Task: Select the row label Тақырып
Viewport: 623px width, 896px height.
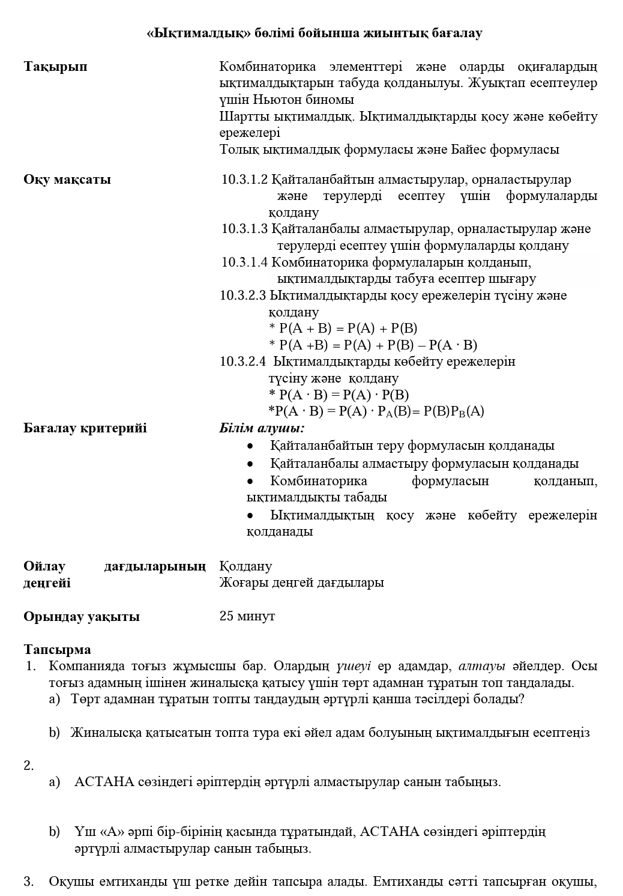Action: [x=55, y=67]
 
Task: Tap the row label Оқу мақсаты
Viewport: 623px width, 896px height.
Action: [x=67, y=180]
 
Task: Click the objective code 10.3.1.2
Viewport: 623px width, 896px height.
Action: [x=244, y=180]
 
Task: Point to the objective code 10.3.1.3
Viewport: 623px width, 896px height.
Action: [x=244, y=229]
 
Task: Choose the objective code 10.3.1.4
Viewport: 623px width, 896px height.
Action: [x=244, y=262]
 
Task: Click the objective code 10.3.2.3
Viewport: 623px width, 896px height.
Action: [x=242, y=295]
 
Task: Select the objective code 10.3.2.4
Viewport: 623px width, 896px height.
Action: [x=242, y=362]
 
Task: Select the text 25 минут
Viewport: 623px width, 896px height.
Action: [x=247, y=616]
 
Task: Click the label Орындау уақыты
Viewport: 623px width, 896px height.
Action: [x=82, y=617]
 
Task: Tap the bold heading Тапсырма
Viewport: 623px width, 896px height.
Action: [x=58, y=650]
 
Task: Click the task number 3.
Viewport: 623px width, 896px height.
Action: [x=28, y=882]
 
